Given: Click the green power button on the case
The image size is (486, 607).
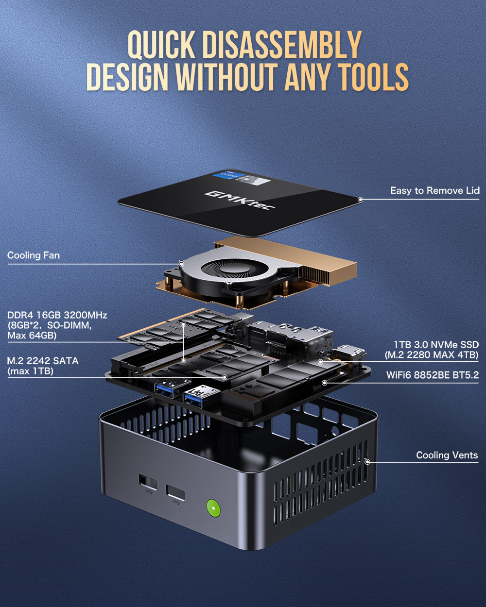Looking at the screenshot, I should coord(213,508).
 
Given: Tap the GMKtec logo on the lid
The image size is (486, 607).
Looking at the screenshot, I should coord(240,200).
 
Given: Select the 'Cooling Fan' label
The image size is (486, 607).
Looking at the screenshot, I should coord(34,255).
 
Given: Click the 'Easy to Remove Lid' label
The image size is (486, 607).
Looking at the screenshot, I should coord(434,190).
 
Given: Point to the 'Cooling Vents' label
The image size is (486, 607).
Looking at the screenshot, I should coord(447,455).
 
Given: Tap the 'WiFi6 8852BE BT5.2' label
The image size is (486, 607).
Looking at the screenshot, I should coord(432,375).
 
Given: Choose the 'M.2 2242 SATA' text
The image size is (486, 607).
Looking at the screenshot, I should coord(43,361).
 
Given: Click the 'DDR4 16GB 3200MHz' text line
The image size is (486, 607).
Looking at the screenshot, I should coord(57,315).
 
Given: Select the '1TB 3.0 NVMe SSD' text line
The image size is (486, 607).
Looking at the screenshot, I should coord(436,345).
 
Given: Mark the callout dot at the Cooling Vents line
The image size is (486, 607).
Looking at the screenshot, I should coord(367,462).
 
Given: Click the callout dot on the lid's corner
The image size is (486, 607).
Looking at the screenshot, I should coord(360,200).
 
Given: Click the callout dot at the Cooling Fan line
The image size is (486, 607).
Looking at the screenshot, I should coord(181,264).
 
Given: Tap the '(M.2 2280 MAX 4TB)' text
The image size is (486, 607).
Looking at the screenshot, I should coord(432,355).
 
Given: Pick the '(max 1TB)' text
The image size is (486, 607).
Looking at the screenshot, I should coord(30,371).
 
